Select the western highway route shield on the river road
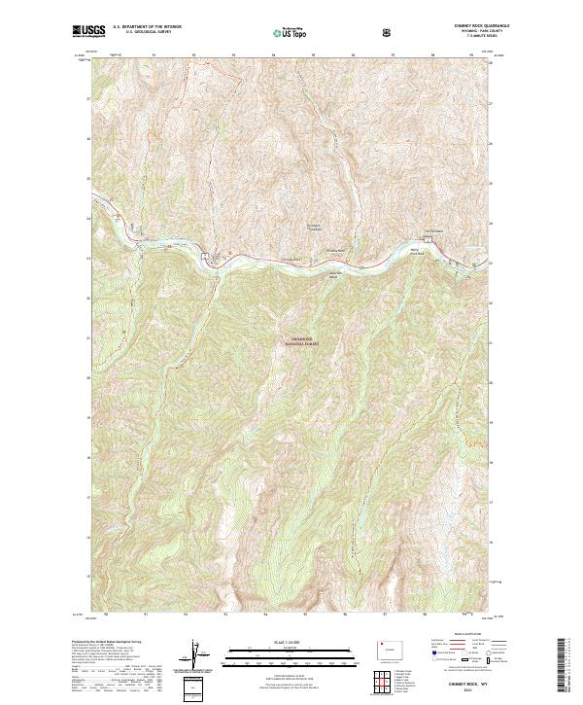[x=206, y=257]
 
